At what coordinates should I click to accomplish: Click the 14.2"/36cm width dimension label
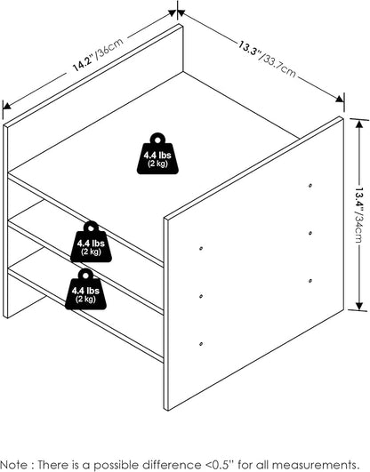99,54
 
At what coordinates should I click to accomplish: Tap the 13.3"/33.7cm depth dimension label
267,60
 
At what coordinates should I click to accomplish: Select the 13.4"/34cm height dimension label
359,216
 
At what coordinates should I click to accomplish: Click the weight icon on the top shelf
157,154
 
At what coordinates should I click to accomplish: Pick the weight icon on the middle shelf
91,242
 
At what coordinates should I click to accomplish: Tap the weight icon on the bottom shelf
86,289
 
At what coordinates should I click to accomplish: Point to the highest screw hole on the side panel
310,186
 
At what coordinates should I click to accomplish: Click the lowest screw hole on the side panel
201,344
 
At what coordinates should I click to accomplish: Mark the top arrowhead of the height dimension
358,124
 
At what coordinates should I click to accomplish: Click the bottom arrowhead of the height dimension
358,306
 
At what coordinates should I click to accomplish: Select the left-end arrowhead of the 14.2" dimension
7,105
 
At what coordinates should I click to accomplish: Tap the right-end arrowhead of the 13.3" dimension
340,99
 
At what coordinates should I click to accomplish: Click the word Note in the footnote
13,465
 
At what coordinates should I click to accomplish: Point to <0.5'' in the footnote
220,464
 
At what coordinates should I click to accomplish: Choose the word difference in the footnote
173,465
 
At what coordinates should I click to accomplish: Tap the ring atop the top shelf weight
157,139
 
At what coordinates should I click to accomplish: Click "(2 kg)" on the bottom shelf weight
85,299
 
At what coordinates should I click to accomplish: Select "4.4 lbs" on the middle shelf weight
91,244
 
